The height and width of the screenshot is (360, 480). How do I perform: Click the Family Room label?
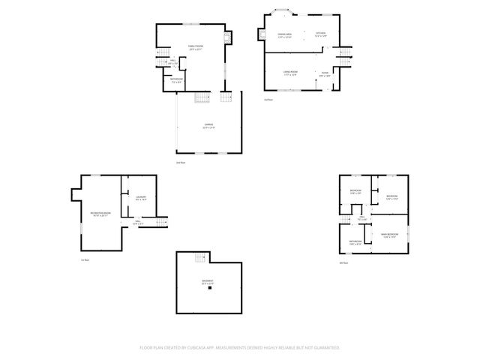(x=195, y=47)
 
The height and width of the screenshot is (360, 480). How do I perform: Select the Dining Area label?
(x=285, y=36)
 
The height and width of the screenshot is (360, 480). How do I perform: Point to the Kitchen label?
(x=320, y=36)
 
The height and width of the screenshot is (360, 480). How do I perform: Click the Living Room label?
(x=291, y=73)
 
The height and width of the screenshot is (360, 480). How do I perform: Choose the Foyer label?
(x=324, y=73)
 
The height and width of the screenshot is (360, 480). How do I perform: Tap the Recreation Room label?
(x=101, y=214)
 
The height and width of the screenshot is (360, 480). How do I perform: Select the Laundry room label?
(x=140, y=199)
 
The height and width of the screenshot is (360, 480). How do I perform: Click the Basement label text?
(x=208, y=282)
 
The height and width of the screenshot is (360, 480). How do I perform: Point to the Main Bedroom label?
(x=388, y=236)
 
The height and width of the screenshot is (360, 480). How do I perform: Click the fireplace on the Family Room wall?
(x=230, y=36)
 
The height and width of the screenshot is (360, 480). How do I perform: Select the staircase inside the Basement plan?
(x=199, y=258)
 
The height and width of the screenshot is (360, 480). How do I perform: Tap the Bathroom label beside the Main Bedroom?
(x=355, y=242)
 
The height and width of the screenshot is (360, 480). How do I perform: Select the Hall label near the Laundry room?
(x=137, y=222)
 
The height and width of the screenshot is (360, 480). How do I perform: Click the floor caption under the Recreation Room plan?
(x=85, y=260)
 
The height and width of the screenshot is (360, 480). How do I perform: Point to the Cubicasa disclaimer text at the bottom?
(x=240, y=347)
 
